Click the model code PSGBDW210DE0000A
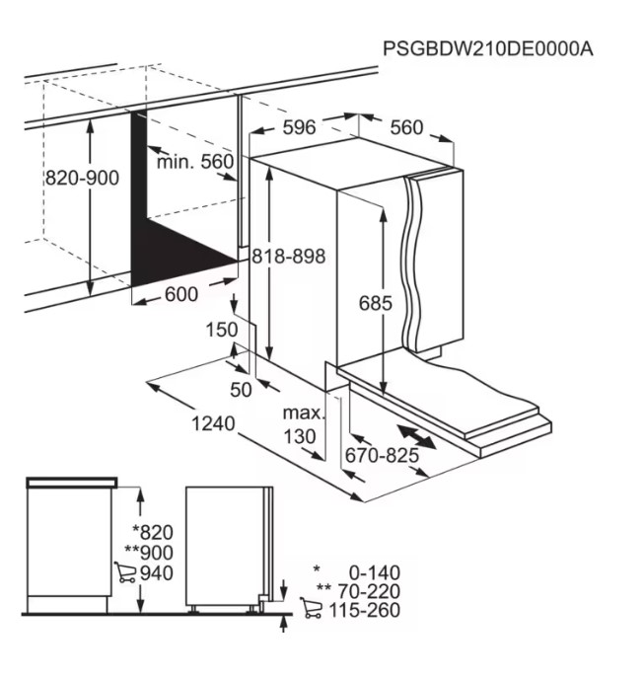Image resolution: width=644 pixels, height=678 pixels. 488,49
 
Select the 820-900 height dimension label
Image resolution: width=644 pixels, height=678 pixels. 82,178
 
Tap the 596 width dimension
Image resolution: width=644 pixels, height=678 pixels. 300,127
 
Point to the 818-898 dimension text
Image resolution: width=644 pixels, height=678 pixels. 289,256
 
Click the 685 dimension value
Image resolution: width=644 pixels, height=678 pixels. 376,303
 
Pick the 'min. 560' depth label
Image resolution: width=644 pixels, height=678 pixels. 195,162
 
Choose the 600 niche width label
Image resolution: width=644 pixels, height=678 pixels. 181,294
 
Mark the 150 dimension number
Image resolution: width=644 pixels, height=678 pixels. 222,330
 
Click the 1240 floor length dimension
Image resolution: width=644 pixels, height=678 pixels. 213,424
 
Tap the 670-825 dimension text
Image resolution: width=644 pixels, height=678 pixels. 382,455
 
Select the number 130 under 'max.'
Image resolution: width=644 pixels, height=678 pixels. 300,437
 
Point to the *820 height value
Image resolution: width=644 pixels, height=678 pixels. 153,532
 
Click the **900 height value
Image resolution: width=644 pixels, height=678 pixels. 149,553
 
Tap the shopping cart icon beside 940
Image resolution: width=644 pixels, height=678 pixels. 125,572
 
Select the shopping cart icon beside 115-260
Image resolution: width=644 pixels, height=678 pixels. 312,608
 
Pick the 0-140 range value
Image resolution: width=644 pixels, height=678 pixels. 375,573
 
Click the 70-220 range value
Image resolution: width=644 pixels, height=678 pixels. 369,591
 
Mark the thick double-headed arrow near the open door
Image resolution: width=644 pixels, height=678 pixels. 416,437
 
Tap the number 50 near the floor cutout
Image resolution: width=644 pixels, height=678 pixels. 241,390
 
